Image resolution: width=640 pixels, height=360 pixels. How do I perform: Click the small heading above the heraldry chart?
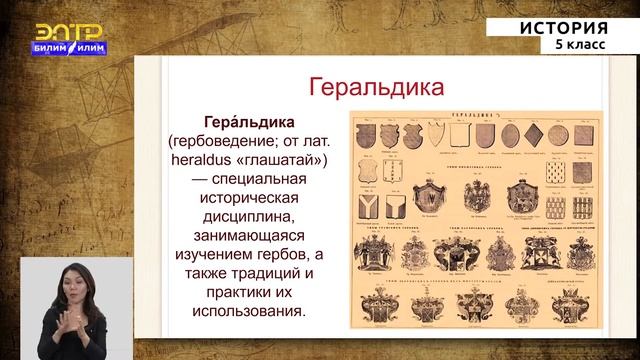470,116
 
